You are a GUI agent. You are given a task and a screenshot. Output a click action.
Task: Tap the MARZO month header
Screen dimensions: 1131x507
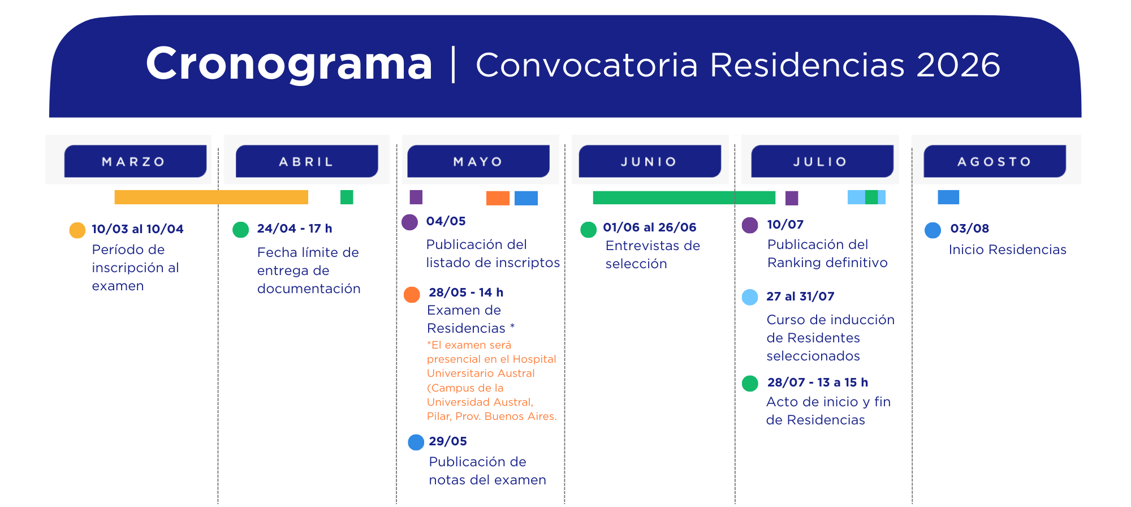pyautogui.click(x=135, y=161)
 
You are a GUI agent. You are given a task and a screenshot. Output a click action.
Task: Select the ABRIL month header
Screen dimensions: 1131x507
pyautogui.click(x=307, y=161)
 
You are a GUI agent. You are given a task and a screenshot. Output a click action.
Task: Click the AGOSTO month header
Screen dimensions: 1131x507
pyautogui.click(x=995, y=161)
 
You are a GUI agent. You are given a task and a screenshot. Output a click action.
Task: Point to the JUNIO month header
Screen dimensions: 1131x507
pyautogui.click(x=650, y=161)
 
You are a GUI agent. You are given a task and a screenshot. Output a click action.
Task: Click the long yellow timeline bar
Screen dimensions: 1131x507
pyautogui.click(x=211, y=197)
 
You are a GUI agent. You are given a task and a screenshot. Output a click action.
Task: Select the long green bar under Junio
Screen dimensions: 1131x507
pyautogui.click(x=684, y=197)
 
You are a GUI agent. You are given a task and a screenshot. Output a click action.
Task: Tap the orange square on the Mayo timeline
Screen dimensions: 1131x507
pyautogui.click(x=498, y=198)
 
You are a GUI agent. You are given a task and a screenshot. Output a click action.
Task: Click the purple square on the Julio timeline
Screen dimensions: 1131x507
pyautogui.click(x=792, y=198)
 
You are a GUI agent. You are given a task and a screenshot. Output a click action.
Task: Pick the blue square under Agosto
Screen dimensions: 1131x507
pyautogui.click(x=948, y=197)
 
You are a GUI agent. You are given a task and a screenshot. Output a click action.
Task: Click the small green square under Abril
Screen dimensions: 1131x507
pyautogui.click(x=347, y=197)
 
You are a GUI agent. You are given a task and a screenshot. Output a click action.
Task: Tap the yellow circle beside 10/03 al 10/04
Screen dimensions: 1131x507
pyautogui.click(x=77, y=230)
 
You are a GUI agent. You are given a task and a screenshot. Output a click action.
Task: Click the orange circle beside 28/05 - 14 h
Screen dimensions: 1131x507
pyautogui.click(x=412, y=295)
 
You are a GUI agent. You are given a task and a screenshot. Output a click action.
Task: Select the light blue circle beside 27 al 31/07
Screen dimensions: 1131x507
pyautogui.click(x=750, y=297)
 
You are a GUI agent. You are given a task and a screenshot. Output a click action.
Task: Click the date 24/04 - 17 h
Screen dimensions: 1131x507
pyautogui.click(x=295, y=229)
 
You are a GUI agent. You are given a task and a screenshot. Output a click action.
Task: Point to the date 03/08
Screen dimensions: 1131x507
pyautogui.click(x=970, y=229)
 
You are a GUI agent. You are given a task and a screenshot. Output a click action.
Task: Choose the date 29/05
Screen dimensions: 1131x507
pyautogui.click(x=448, y=441)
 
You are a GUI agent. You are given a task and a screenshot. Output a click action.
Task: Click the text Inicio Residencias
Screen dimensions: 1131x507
pyautogui.click(x=1008, y=250)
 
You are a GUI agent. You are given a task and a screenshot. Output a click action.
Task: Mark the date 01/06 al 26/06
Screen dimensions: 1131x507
pyautogui.click(x=650, y=227)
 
